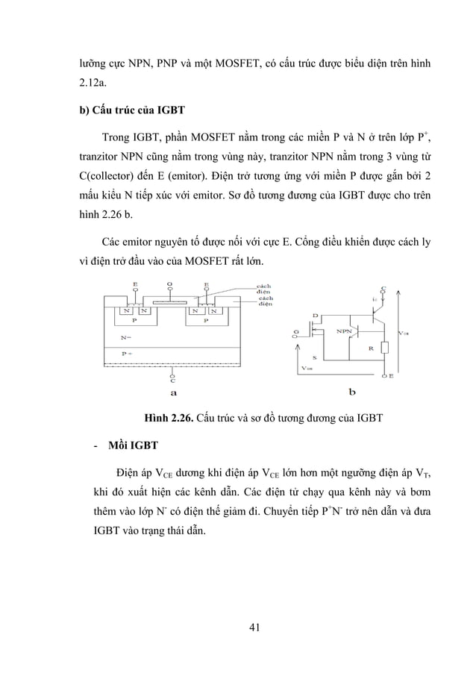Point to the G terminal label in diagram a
click(171, 285)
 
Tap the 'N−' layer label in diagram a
click(126, 337)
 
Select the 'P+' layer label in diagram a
click(126, 352)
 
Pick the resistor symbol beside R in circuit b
click(384, 348)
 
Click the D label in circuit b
click(315, 316)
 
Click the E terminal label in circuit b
click(391, 376)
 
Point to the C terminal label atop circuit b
click(383, 287)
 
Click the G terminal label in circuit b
click(295, 331)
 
